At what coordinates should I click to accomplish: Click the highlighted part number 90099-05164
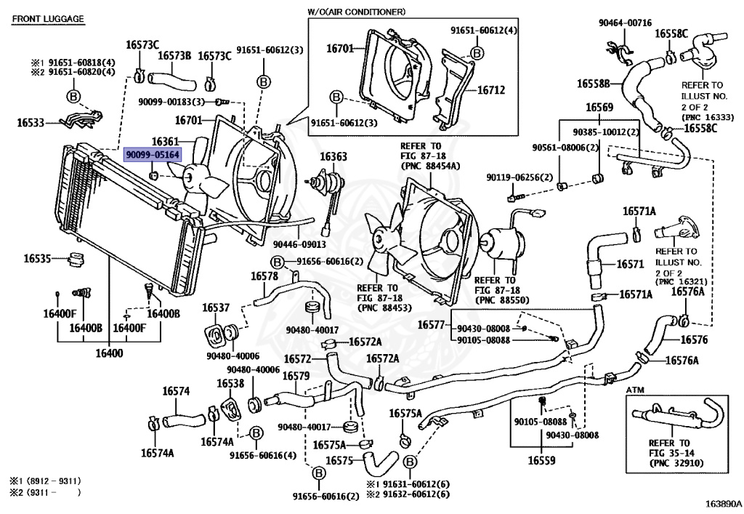click(x=153, y=155)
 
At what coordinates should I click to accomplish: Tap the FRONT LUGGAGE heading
click(x=48, y=19)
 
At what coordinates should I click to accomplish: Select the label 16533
click(x=31, y=122)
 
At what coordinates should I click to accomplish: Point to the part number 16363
click(x=333, y=156)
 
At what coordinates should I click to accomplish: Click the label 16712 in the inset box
click(x=491, y=89)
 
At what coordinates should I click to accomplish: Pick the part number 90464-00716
click(x=625, y=23)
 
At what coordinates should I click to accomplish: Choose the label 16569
click(x=599, y=108)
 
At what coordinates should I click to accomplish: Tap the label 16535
click(x=37, y=258)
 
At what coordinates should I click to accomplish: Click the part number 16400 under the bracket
click(x=109, y=353)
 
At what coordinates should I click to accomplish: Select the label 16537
click(x=216, y=308)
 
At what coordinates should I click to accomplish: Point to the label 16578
click(x=264, y=276)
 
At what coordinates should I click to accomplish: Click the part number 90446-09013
click(x=299, y=244)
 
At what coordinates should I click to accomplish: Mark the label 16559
click(x=541, y=460)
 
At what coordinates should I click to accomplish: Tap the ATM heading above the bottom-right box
click(x=635, y=390)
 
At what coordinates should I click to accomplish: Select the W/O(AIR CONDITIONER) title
click(x=356, y=12)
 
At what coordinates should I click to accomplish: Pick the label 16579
click(x=296, y=376)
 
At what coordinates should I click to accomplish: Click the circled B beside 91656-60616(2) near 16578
click(x=277, y=262)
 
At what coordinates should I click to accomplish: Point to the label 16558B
click(x=593, y=84)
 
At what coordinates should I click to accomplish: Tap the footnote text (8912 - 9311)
click(x=53, y=481)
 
